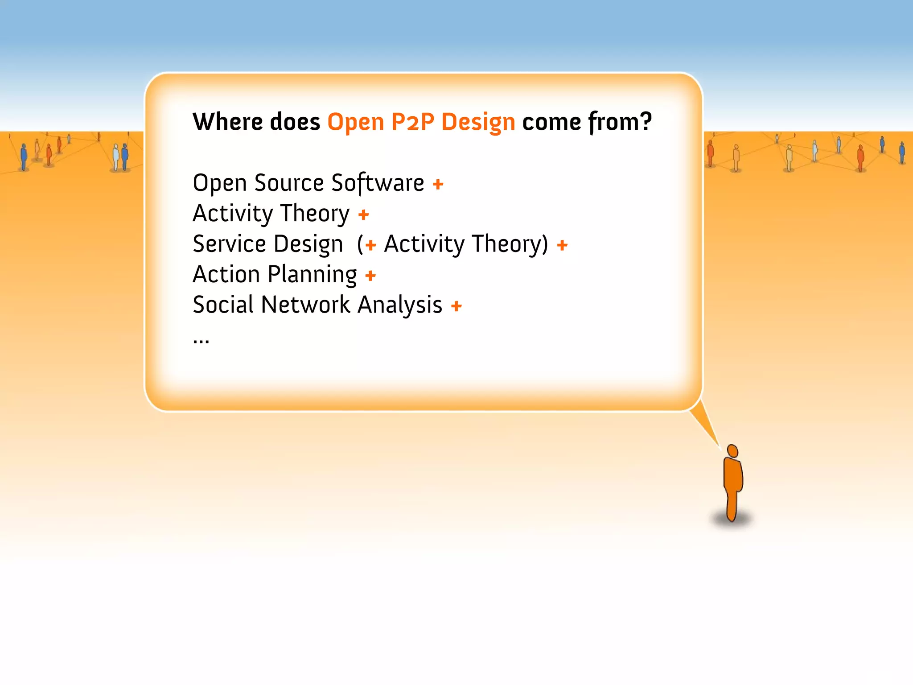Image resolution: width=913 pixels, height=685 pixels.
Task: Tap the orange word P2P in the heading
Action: pos(412,122)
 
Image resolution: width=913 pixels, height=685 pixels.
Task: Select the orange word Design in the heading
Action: pos(478,123)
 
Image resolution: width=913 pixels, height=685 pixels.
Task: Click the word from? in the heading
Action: pos(620,122)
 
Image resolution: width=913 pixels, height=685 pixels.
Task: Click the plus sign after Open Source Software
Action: pos(438,184)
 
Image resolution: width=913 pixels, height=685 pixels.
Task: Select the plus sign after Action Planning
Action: pos(370,276)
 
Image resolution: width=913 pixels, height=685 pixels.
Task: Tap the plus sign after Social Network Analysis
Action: pos(456,306)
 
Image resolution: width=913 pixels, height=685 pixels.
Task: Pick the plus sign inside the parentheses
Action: pos(370,245)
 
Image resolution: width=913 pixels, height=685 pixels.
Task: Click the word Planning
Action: pos(312,275)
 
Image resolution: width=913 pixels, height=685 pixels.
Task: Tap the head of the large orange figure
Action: pos(732,451)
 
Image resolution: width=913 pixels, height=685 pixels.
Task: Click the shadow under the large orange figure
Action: pos(731,520)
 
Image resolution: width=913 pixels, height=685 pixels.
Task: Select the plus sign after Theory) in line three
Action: pos(562,245)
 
